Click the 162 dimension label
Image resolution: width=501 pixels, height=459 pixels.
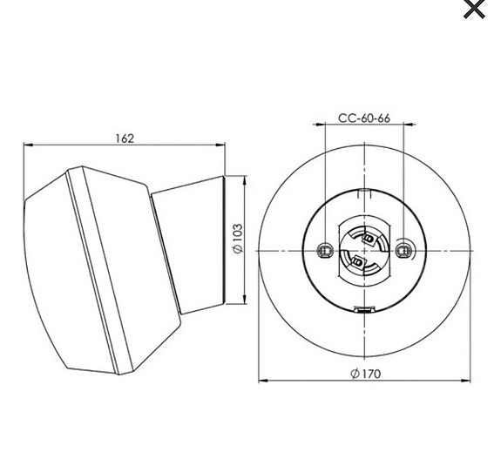(125, 138)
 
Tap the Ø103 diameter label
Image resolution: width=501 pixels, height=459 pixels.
(237, 239)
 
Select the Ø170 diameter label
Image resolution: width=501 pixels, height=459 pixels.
(365, 374)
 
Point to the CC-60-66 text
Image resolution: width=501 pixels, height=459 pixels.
(364, 118)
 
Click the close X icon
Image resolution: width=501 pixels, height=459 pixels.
(474, 10)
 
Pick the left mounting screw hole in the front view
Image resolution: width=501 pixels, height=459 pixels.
(324, 250)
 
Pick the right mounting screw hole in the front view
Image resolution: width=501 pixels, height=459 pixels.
(403, 250)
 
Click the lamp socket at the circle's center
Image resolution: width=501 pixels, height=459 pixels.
(362, 250)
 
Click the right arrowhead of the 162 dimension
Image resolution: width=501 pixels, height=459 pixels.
(224, 145)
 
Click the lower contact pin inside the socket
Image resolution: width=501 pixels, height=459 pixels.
(357, 261)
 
